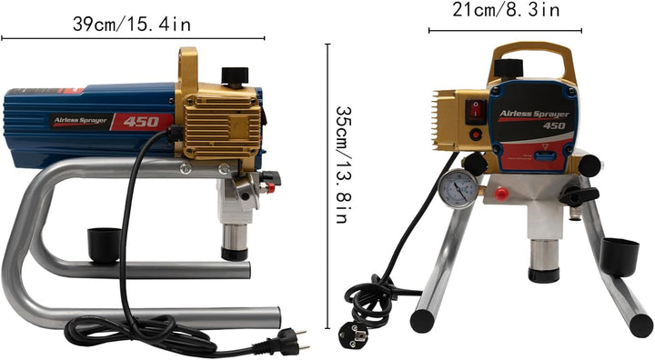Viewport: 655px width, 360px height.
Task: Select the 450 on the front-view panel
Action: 554,125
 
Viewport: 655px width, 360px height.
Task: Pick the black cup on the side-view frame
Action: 105,245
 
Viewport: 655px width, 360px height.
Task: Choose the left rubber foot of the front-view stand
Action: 422,320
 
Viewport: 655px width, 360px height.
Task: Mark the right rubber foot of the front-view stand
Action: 640,325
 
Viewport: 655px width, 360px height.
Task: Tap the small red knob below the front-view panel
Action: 500,193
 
